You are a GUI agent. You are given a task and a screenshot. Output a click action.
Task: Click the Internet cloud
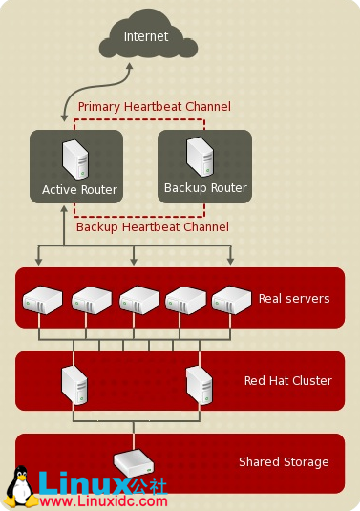click(145, 37)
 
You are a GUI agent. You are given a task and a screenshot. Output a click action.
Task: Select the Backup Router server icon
click(200, 156)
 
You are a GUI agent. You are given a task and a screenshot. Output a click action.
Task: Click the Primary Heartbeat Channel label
click(154, 107)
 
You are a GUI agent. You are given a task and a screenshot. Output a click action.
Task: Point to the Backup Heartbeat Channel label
click(153, 227)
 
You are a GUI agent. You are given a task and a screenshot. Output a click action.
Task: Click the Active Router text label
click(79, 190)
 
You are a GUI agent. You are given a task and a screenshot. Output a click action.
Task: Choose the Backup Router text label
click(205, 188)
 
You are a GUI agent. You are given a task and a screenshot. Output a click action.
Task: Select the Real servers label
click(294, 299)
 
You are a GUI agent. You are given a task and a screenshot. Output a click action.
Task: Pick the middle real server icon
click(139, 299)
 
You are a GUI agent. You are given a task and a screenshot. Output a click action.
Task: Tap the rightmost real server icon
click(231, 299)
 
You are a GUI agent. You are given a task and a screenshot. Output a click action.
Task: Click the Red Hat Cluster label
click(288, 381)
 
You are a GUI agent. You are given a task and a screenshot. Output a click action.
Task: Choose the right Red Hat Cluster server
click(199, 383)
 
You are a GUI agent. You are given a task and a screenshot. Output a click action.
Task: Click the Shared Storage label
click(284, 462)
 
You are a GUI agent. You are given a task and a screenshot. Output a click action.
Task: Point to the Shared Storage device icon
click(134, 462)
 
